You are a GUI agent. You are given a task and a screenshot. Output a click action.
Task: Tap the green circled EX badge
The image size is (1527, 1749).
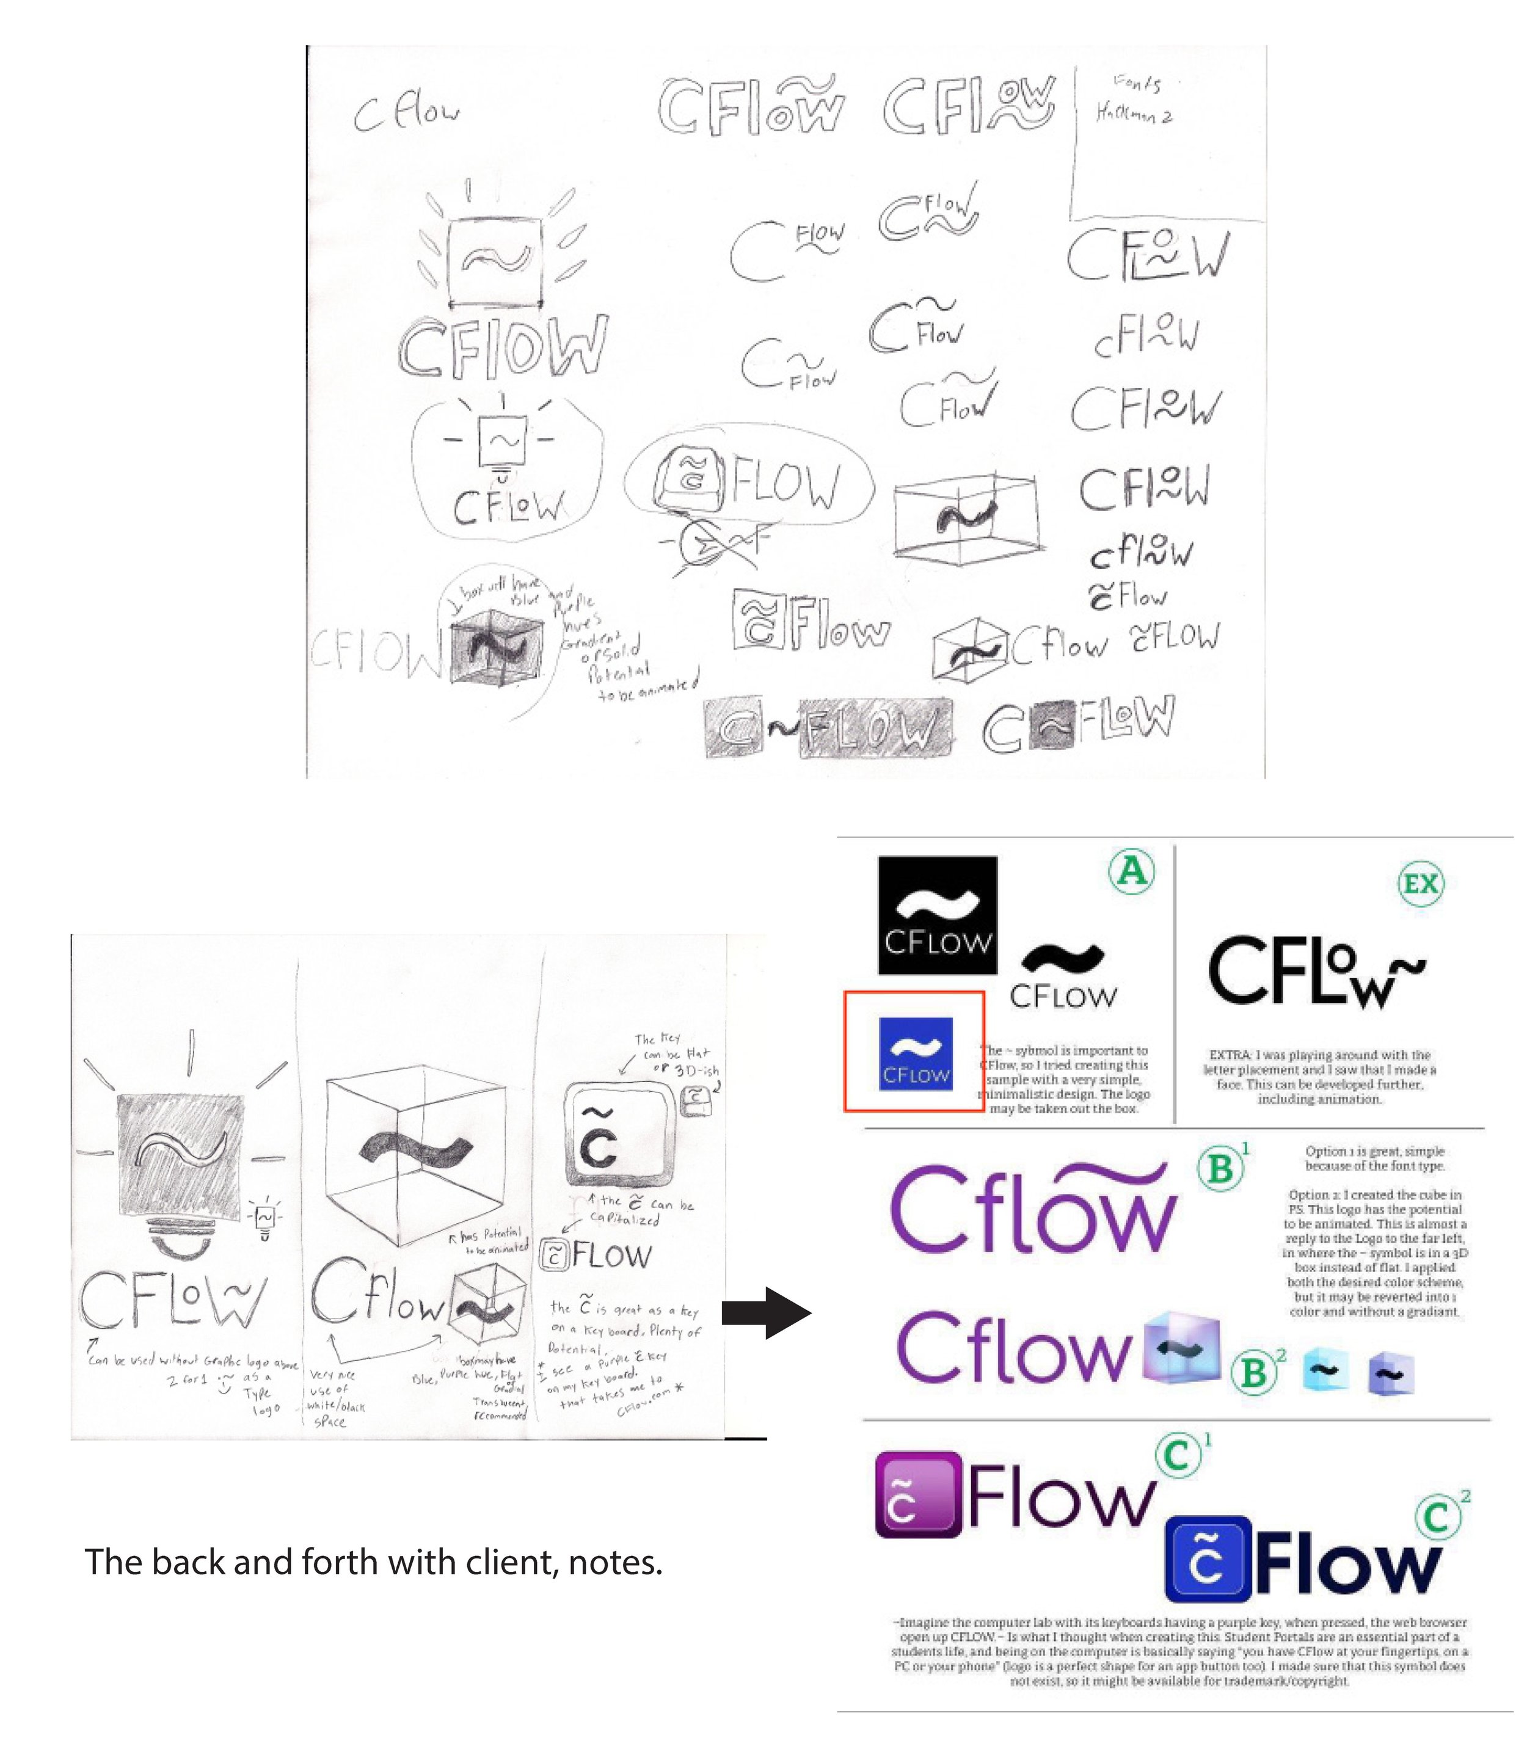(x=1421, y=884)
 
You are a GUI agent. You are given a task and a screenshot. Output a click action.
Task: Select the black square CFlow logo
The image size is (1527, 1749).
(x=938, y=915)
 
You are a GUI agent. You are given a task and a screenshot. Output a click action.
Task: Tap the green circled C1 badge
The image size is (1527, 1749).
(x=1178, y=1456)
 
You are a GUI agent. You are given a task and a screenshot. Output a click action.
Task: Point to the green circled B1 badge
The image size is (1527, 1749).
(x=1220, y=1169)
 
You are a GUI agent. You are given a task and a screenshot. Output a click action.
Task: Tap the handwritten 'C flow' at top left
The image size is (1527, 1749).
(x=406, y=114)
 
